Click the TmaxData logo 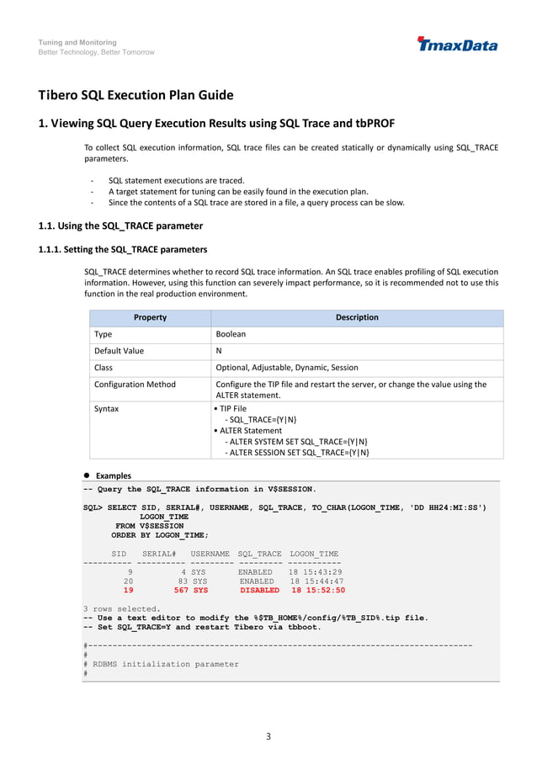click(x=457, y=44)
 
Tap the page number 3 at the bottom click(x=268, y=737)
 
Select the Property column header click(x=150, y=317)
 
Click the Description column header click(x=357, y=317)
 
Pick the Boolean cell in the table click(x=231, y=334)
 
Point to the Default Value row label click(x=119, y=351)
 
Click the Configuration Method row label click(x=135, y=385)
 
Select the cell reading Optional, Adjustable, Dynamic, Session click(x=287, y=368)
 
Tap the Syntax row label click(x=107, y=409)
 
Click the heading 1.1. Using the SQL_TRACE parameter click(x=120, y=226)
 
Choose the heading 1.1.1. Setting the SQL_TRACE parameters click(x=123, y=249)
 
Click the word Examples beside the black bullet click(x=114, y=475)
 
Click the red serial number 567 click(x=181, y=591)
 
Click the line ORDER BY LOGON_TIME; click(x=159, y=534)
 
